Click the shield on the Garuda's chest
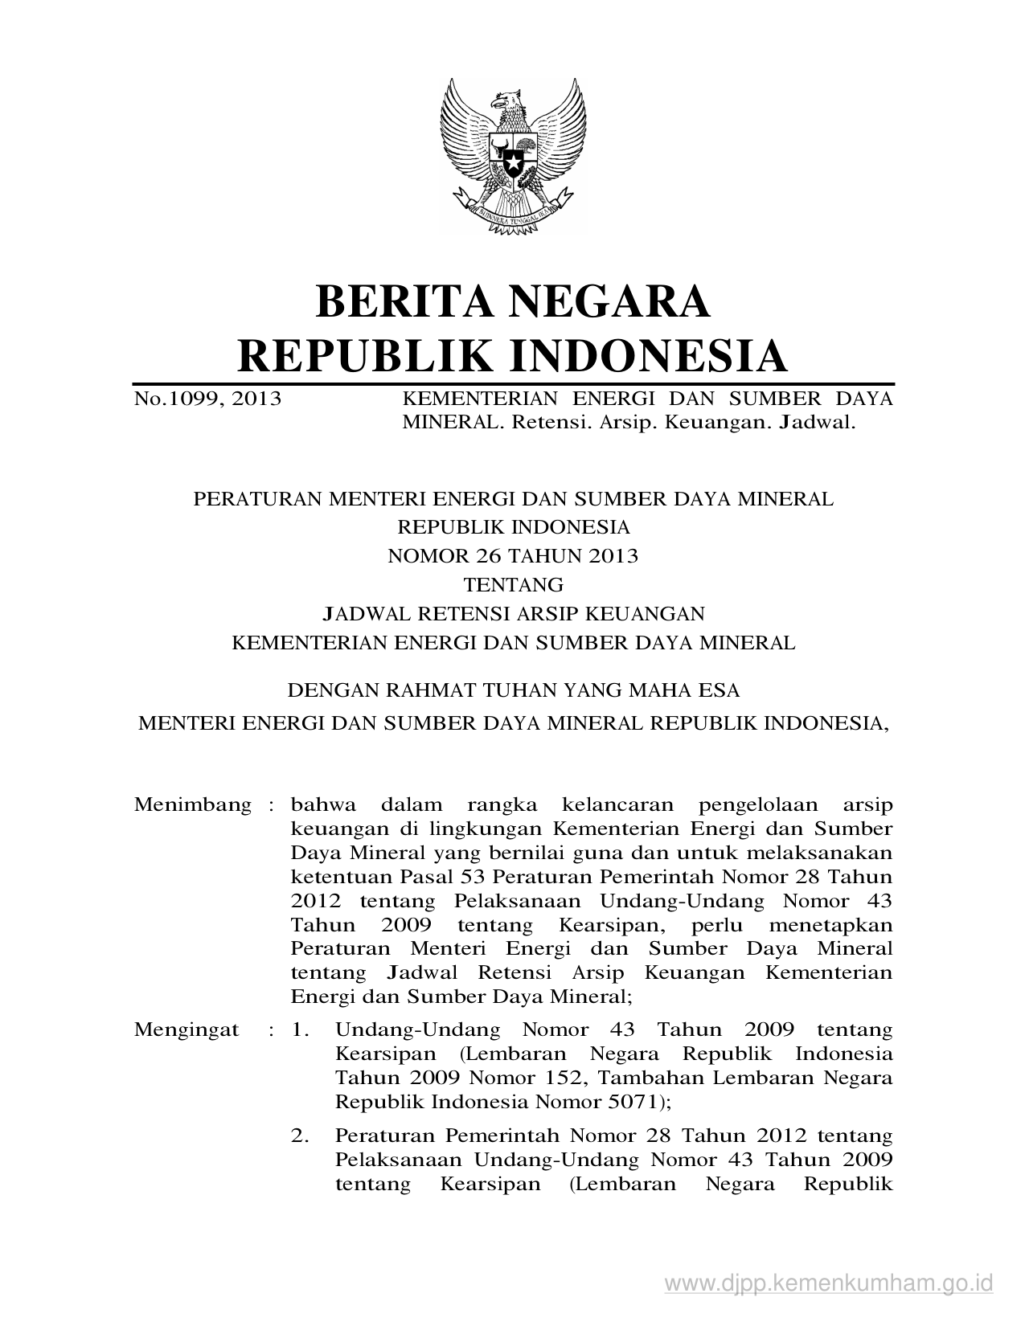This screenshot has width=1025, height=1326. (x=513, y=160)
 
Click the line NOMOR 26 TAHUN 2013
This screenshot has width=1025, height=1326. (x=513, y=555)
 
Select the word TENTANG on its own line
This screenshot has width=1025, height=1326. (x=513, y=584)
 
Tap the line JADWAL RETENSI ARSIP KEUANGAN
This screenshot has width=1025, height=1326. (x=513, y=614)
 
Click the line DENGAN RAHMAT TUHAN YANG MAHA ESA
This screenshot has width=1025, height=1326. (x=513, y=690)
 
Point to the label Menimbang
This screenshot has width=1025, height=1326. (x=193, y=804)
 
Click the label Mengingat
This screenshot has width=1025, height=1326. (x=187, y=1029)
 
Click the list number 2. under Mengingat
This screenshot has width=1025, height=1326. (x=300, y=1136)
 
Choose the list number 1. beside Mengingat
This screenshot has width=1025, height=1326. (x=300, y=1029)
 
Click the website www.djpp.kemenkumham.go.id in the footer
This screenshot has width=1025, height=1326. (x=829, y=1282)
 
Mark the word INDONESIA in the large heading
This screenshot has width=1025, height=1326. (x=650, y=356)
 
